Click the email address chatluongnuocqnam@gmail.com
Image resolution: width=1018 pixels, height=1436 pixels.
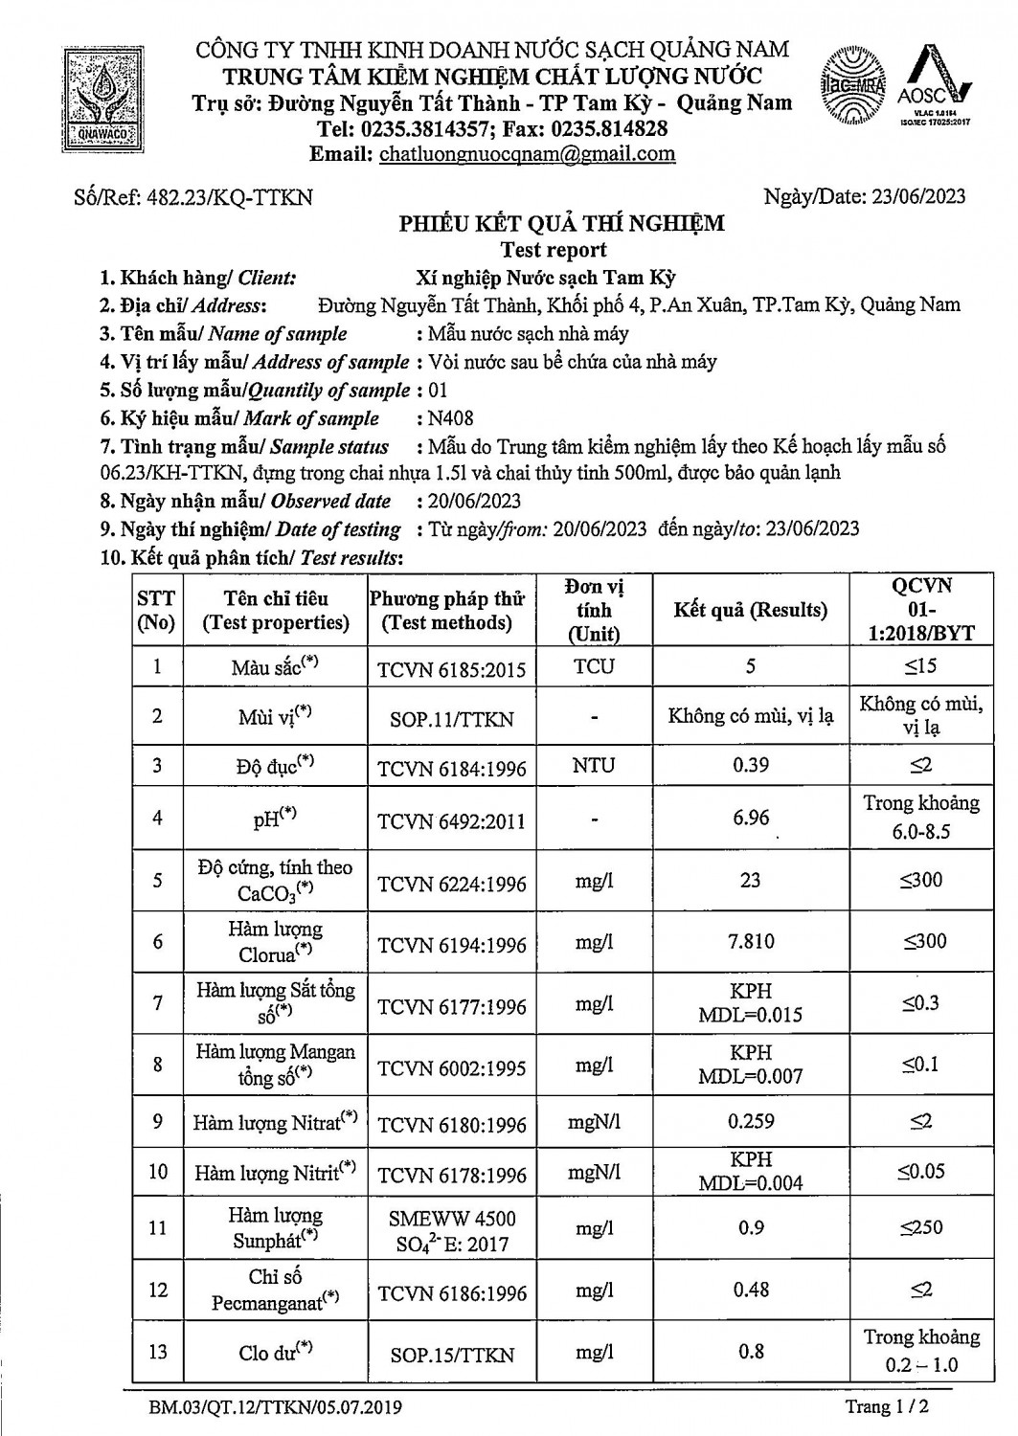(x=527, y=154)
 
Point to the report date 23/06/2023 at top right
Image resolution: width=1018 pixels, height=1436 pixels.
(x=916, y=197)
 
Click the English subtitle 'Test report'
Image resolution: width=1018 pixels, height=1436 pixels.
(x=554, y=250)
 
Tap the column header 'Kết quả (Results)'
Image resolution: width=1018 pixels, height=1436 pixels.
(x=750, y=610)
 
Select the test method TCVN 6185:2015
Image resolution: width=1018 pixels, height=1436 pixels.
(x=451, y=668)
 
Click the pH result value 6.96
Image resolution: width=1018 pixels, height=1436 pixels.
(x=750, y=818)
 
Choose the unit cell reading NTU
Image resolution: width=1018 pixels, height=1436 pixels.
(x=594, y=766)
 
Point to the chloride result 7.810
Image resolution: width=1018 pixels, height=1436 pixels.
(x=751, y=942)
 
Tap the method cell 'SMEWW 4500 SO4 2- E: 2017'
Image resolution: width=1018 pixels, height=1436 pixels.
(x=451, y=1231)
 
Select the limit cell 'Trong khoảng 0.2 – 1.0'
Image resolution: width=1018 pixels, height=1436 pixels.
(x=920, y=1351)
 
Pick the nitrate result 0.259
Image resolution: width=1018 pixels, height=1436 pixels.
(x=751, y=1121)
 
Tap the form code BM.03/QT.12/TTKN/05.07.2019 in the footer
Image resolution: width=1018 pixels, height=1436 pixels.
(x=276, y=1407)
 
